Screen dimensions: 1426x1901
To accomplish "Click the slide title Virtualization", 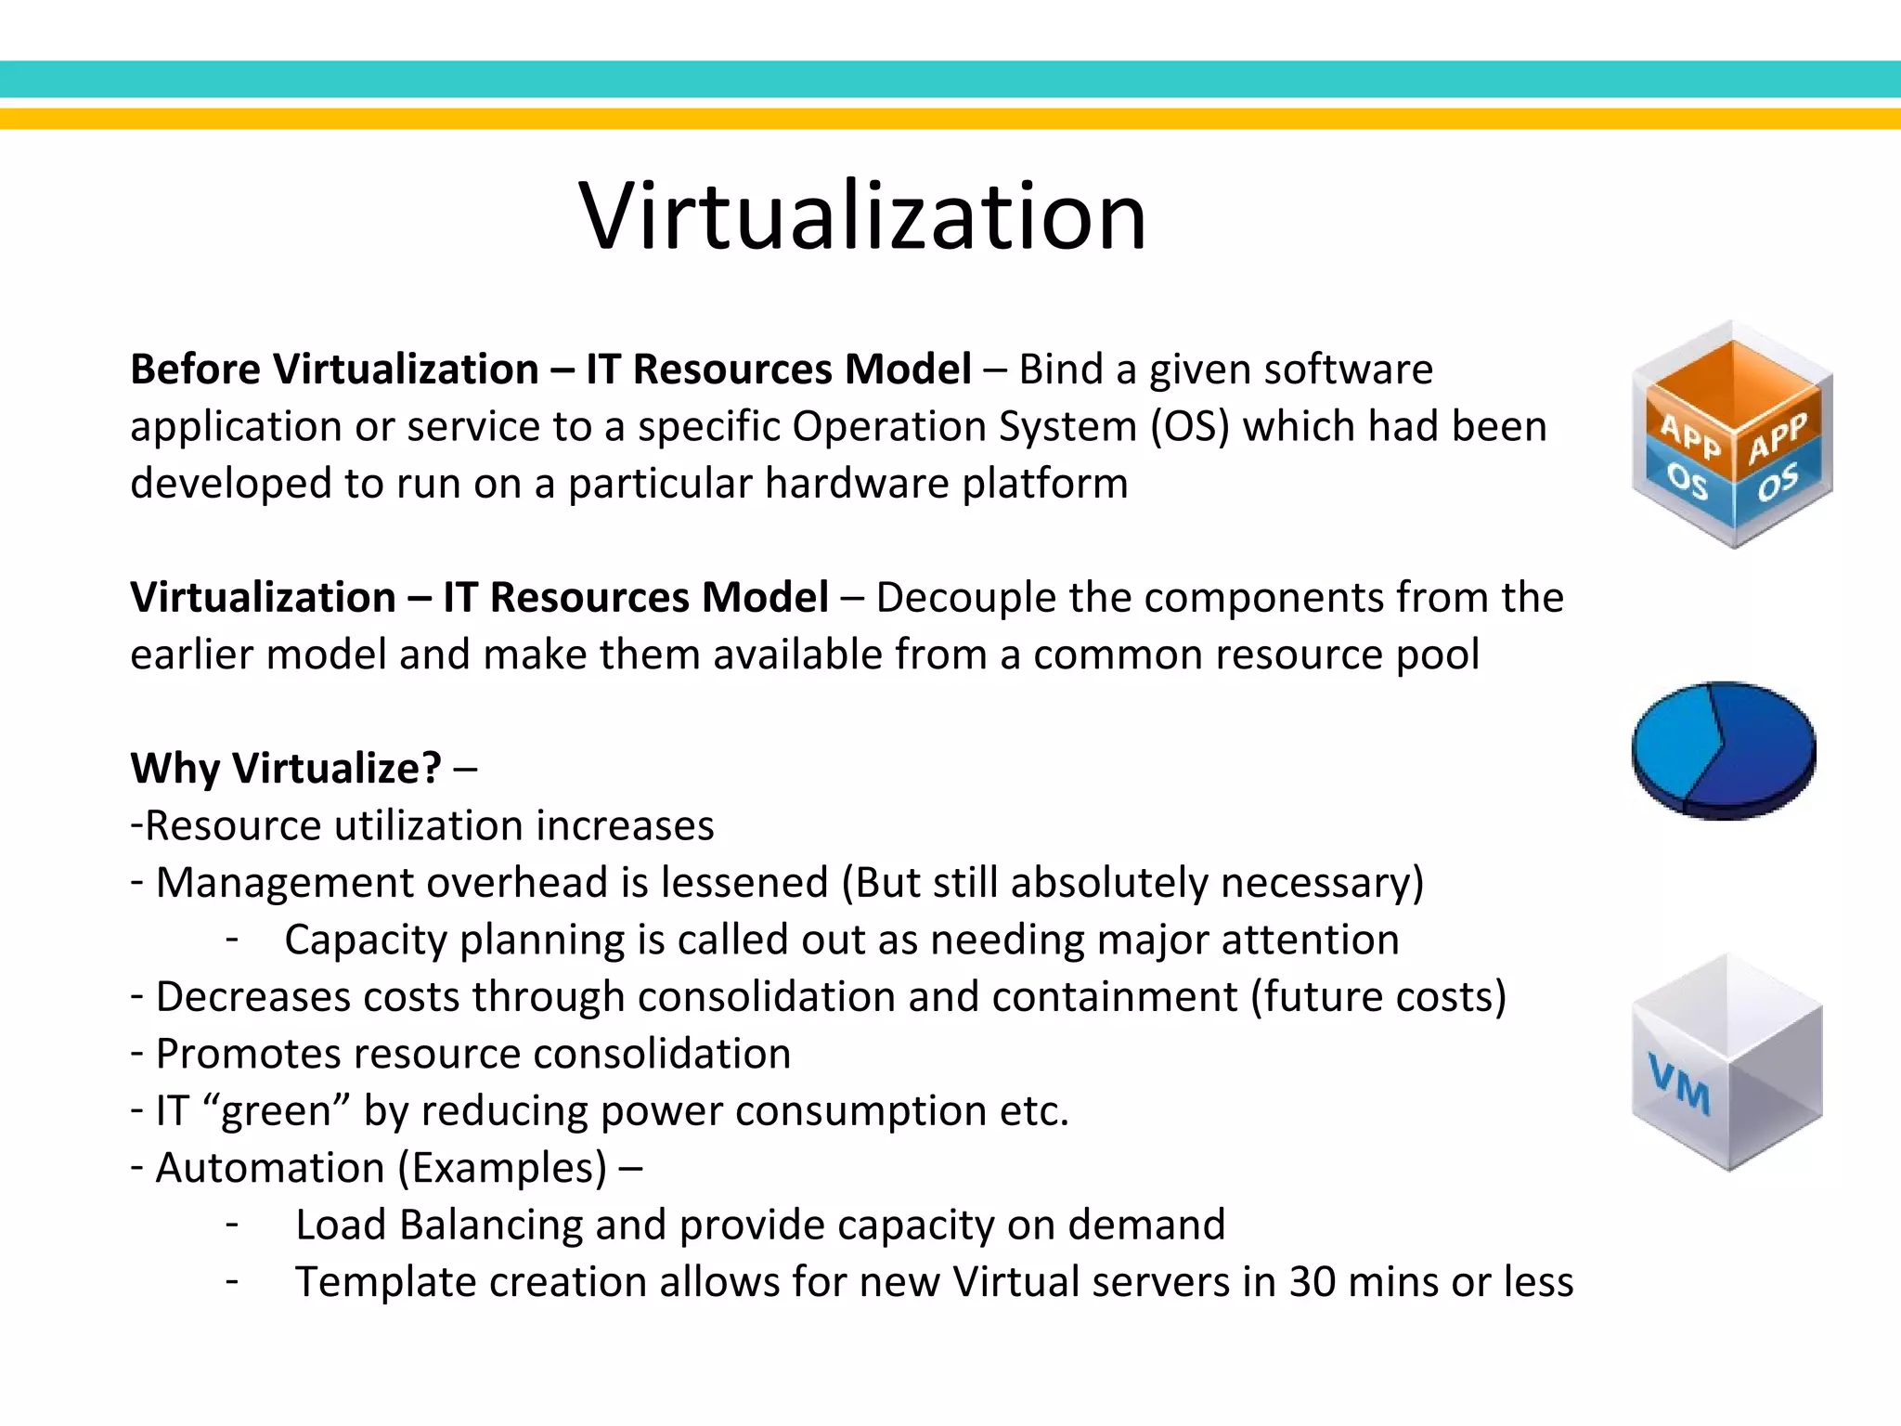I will click(862, 216).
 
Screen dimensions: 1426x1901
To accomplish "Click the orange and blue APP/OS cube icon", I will click(1732, 434).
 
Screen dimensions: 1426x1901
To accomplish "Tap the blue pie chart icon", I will click(1724, 750).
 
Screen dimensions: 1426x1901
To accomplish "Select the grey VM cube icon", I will click(1727, 1062).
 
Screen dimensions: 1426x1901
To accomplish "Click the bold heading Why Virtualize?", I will click(286, 769).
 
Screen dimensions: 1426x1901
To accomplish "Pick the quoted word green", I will click(276, 1111).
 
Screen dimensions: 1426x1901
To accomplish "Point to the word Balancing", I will click(491, 1225).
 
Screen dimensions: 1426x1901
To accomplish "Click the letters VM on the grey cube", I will click(1679, 1083).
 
